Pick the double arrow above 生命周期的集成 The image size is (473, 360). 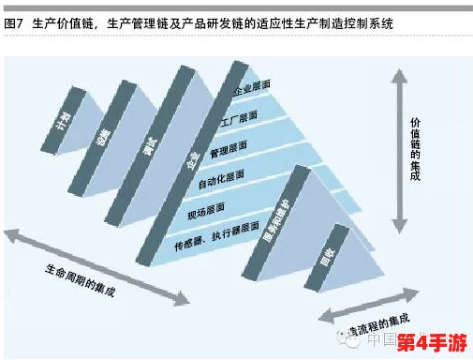tap(95, 263)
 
